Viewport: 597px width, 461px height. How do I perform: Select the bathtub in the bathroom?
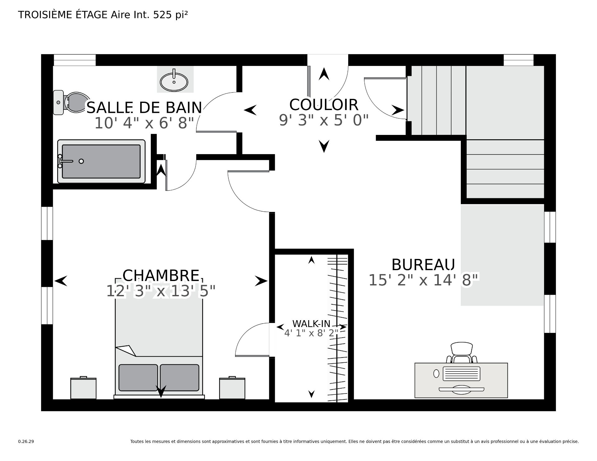[x=101, y=161]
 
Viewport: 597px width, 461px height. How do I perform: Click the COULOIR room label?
[x=324, y=105]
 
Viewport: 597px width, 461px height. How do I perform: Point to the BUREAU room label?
[x=423, y=265]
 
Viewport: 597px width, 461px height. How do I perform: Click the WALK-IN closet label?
[x=311, y=324]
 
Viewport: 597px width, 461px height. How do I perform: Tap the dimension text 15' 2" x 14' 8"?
[x=424, y=280]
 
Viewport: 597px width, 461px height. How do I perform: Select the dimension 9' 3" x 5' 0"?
[x=324, y=120]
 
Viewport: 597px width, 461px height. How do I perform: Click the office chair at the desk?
[x=461, y=353]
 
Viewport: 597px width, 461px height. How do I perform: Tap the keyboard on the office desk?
[x=461, y=373]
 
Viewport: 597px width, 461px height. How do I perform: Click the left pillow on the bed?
[x=138, y=377]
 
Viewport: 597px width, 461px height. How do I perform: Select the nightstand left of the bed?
[x=83, y=388]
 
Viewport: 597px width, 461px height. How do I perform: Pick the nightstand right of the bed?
[x=232, y=388]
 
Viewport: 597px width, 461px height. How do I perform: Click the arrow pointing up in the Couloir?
[x=324, y=74]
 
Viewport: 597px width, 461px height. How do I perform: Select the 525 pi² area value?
[x=171, y=15]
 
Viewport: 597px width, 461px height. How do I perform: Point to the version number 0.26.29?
[x=26, y=441]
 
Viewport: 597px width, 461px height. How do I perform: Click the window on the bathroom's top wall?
[x=75, y=60]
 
